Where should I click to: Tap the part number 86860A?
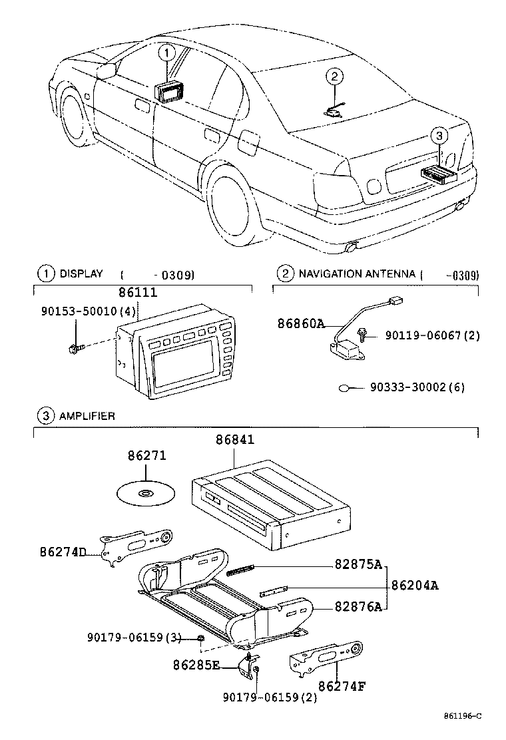tap(301, 324)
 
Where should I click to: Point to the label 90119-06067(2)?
tap(431, 337)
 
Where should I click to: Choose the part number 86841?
tap(234, 440)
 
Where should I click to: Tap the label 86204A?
tap(415, 586)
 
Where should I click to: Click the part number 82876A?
tap(358, 606)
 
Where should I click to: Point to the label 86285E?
tap(196, 664)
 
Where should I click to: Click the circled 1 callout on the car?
tap(166, 51)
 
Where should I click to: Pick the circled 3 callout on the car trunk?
tap(437, 136)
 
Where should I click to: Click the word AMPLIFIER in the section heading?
tap(87, 416)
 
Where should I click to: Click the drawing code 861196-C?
tap(462, 716)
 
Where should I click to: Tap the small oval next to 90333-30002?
tap(345, 388)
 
